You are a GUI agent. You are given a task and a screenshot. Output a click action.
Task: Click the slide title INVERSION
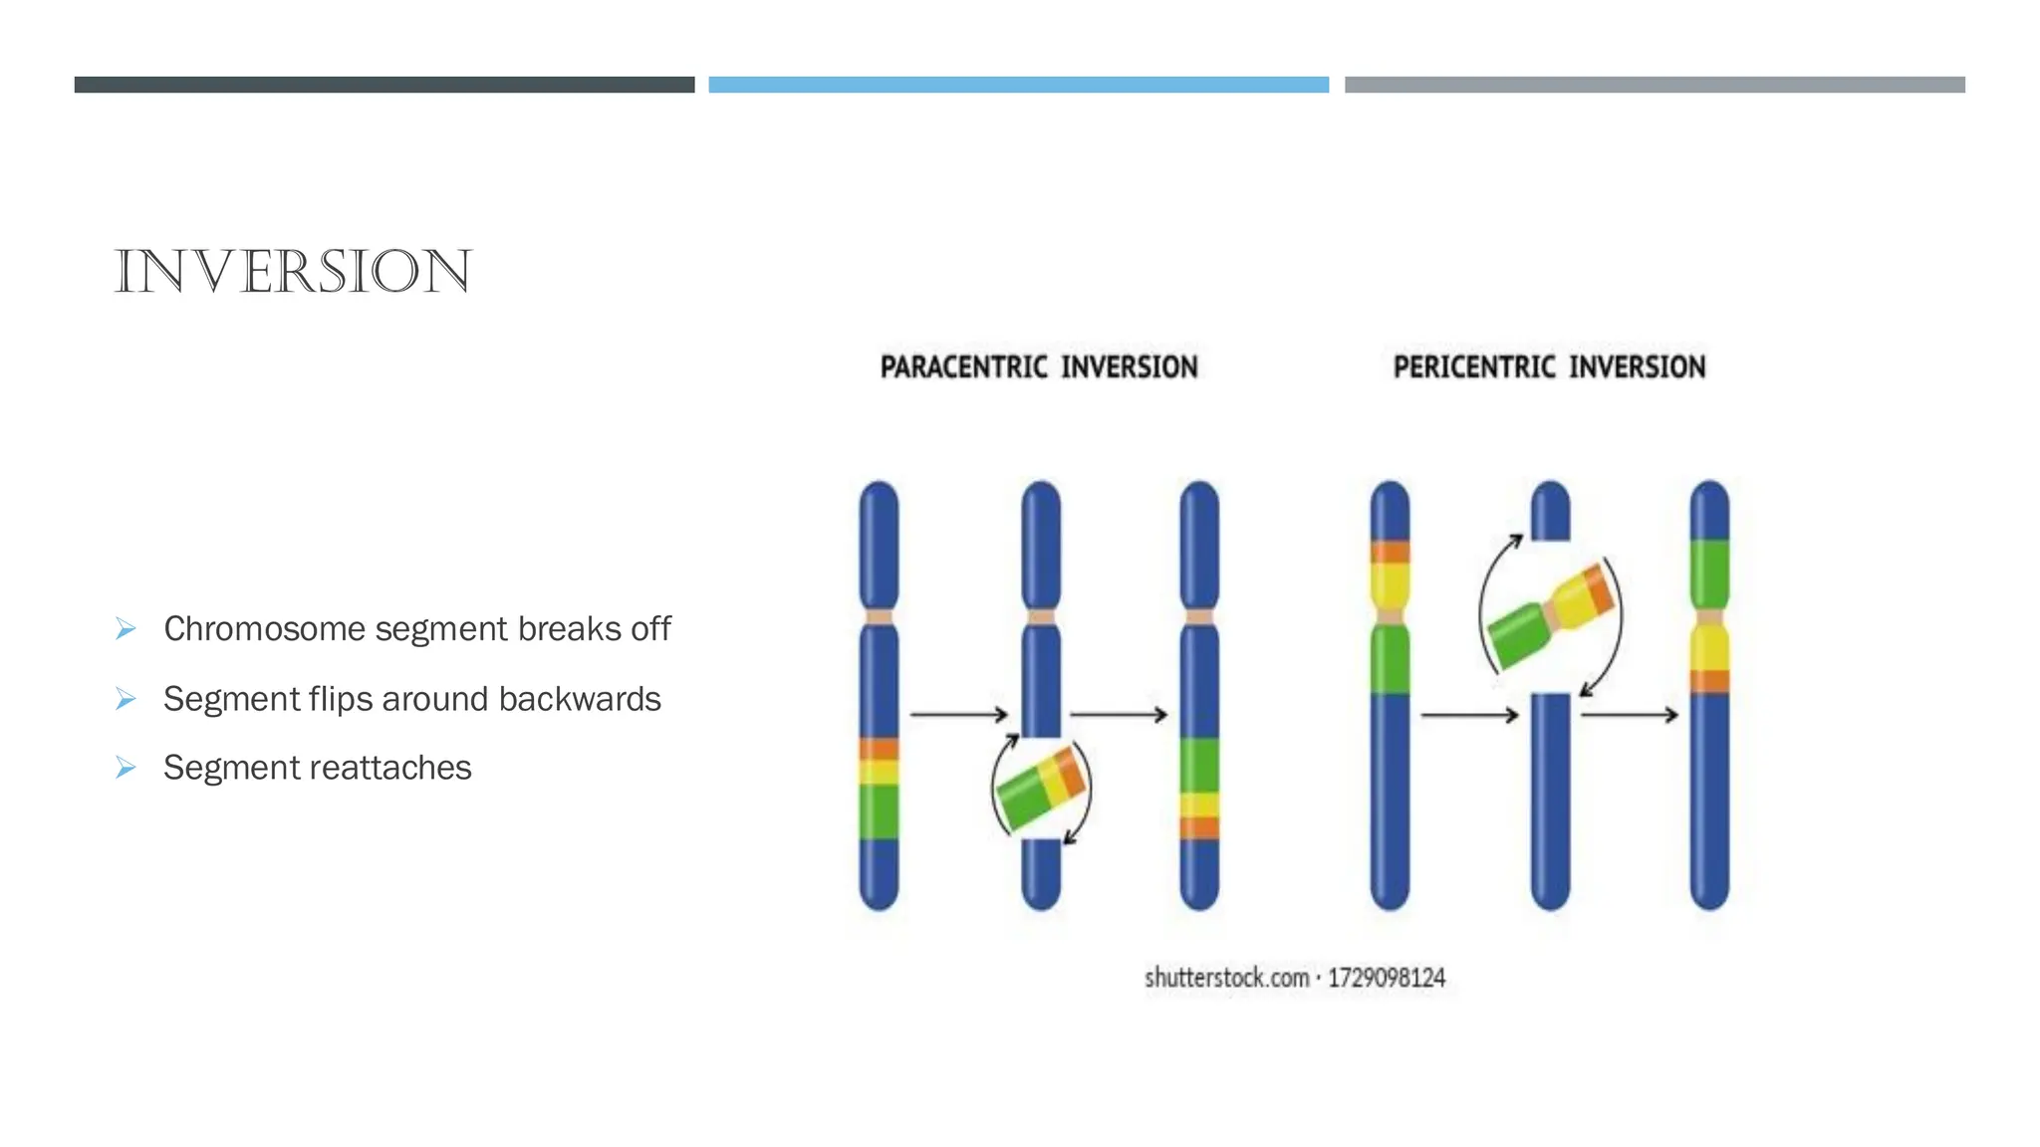coord(293,272)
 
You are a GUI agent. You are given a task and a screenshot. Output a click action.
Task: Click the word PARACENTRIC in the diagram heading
coord(963,367)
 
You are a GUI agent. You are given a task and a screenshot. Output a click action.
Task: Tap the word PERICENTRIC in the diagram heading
coord(1473,367)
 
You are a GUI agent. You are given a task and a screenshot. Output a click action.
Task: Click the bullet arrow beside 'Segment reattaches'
coord(126,768)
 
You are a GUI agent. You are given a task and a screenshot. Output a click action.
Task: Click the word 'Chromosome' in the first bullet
coord(264,629)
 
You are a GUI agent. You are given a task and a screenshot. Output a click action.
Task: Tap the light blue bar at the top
coord(1018,85)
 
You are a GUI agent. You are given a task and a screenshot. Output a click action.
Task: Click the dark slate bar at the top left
coord(384,85)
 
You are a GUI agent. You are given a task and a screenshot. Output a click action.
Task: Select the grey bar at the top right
coord(1655,85)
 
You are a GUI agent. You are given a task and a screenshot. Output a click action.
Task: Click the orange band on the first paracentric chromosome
coord(879,749)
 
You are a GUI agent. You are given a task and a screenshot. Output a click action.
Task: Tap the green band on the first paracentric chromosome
coord(879,810)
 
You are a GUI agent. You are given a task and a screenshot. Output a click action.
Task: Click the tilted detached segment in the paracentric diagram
coord(1041,787)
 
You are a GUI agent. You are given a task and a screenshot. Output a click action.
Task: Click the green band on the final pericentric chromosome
coord(1709,574)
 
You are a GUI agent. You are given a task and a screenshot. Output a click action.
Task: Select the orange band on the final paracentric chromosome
coord(1199,827)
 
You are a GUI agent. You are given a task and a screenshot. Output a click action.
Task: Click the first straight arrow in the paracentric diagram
coord(958,714)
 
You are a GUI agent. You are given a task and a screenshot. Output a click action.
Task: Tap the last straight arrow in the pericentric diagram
coord(1629,714)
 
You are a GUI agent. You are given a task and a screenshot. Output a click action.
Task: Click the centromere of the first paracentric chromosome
coord(879,617)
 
